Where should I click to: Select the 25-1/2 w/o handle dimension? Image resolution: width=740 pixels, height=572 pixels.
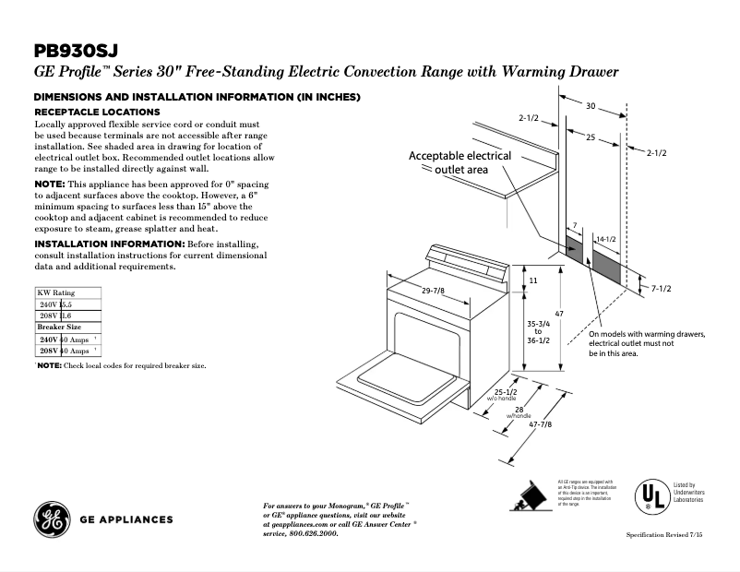(x=507, y=394)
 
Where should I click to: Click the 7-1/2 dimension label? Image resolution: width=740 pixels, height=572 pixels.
(x=661, y=289)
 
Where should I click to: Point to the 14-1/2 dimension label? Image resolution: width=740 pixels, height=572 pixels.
(x=606, y=239)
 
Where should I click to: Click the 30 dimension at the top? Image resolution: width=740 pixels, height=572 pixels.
(x=591, y=106)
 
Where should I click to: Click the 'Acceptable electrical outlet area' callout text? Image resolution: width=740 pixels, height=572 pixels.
(x=460, y=162)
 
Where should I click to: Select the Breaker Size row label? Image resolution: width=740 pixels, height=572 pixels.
(x=59, y=328)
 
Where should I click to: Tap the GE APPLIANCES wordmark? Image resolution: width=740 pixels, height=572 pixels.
(x=126, y=519)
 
